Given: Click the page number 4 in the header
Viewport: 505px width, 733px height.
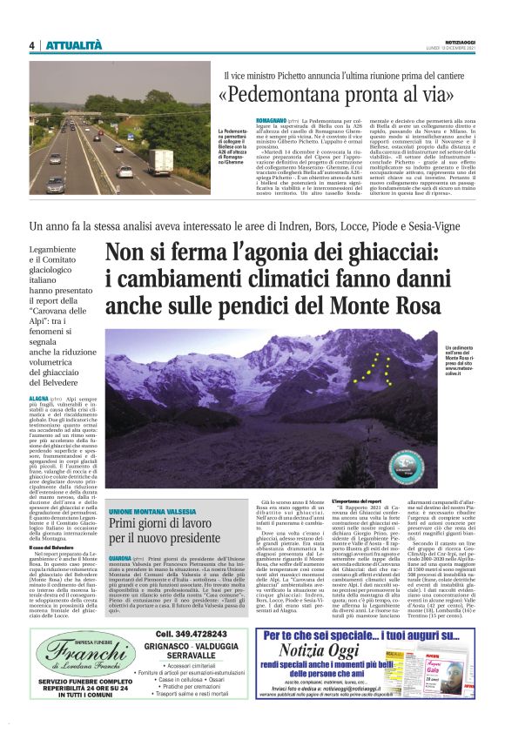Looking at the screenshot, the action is click(x=31, y=45).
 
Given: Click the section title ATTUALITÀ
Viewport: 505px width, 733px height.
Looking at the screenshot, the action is click(x=74, y=45).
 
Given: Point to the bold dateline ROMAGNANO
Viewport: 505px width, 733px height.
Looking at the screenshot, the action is click(x=246, y=118).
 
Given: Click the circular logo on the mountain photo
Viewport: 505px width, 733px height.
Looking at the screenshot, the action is click(x=405, y=461).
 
